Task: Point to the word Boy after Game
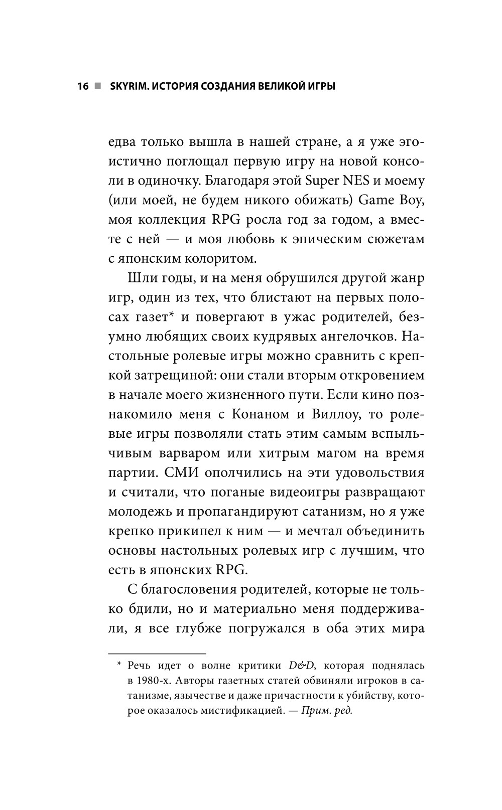pyautogui.click(x=411, y=201)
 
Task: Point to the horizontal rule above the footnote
pyautogui.click(x=157, y=654)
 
